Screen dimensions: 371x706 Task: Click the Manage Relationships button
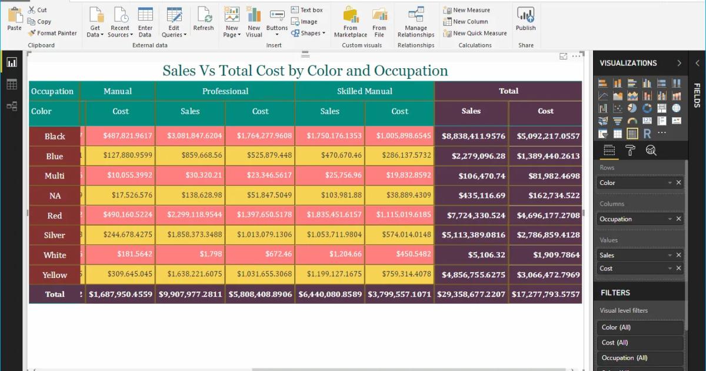pos(416,22)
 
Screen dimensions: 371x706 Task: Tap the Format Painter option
pos(52,33)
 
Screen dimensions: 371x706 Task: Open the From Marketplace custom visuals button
pos(351,22)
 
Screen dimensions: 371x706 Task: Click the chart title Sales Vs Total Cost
pos(305,71)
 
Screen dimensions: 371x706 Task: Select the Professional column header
pos(225,91)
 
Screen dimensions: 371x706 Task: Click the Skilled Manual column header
pos(364,91)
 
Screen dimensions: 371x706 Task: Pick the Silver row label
pos(55,235)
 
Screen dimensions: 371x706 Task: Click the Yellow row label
pos(55,275)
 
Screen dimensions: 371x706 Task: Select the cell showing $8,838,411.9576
pos(473,136)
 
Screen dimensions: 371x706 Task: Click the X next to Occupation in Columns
pos(678,219)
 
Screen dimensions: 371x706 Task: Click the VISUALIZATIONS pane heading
pos(628,63)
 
